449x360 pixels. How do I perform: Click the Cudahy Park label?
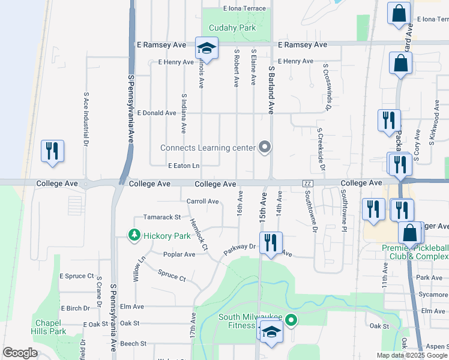click(x=232, y=28)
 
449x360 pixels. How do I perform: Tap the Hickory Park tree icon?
click(x=136, y=236)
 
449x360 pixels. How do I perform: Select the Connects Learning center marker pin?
click(x=264, y=147)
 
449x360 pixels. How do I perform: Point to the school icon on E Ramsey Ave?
click(x=206, y=49)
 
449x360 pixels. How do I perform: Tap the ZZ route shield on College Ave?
click(x=308, y=183)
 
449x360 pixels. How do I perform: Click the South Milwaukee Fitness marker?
click(x=291, y=320)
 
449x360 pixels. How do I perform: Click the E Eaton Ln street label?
click(x=183, y=166)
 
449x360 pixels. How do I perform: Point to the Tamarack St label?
click(x=161, y=217)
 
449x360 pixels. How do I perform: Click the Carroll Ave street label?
click(x=202, y=202)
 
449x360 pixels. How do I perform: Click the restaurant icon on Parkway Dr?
click(x=272, y=242)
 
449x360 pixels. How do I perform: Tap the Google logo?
click(x=20, y=353)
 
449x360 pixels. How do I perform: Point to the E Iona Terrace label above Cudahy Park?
click(x=244, y=9)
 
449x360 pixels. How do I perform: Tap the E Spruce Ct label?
click(x=76, y=276)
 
